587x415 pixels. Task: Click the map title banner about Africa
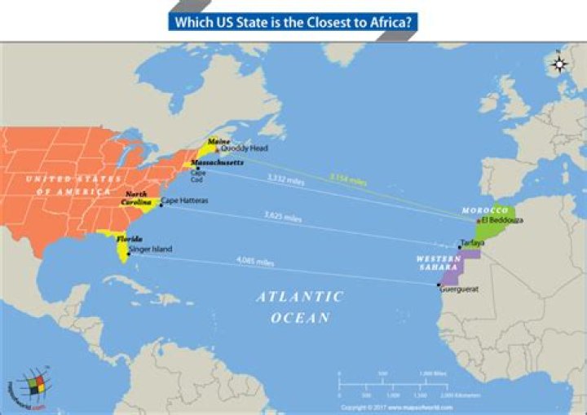point(294,20)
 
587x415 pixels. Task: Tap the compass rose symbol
point(559,64)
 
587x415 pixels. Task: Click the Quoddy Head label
point(244,148)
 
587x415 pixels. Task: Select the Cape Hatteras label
point(184,200)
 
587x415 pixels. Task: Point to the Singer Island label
point(150,249)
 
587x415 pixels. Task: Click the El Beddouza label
point(502,220)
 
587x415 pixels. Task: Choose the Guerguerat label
point(458,289)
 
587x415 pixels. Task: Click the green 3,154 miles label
point(347,177)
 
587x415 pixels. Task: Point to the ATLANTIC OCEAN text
point(300,307)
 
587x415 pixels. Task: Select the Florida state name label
point(129,239)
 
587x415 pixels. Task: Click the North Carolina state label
point(136,198)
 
